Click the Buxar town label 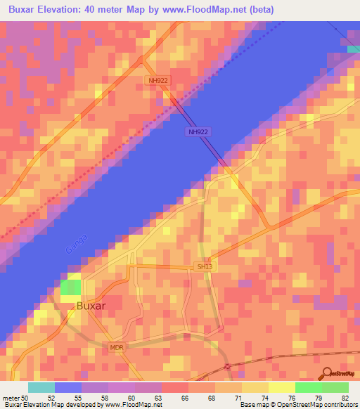[x=91, y=306]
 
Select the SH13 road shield [x=203, y=266]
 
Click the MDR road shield [x=117, y=348]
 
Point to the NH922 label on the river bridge [x=200, y=131]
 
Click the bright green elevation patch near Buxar [x=70, y=287]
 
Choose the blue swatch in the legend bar [x=68, y=387]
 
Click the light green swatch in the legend [x=335, y=387]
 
